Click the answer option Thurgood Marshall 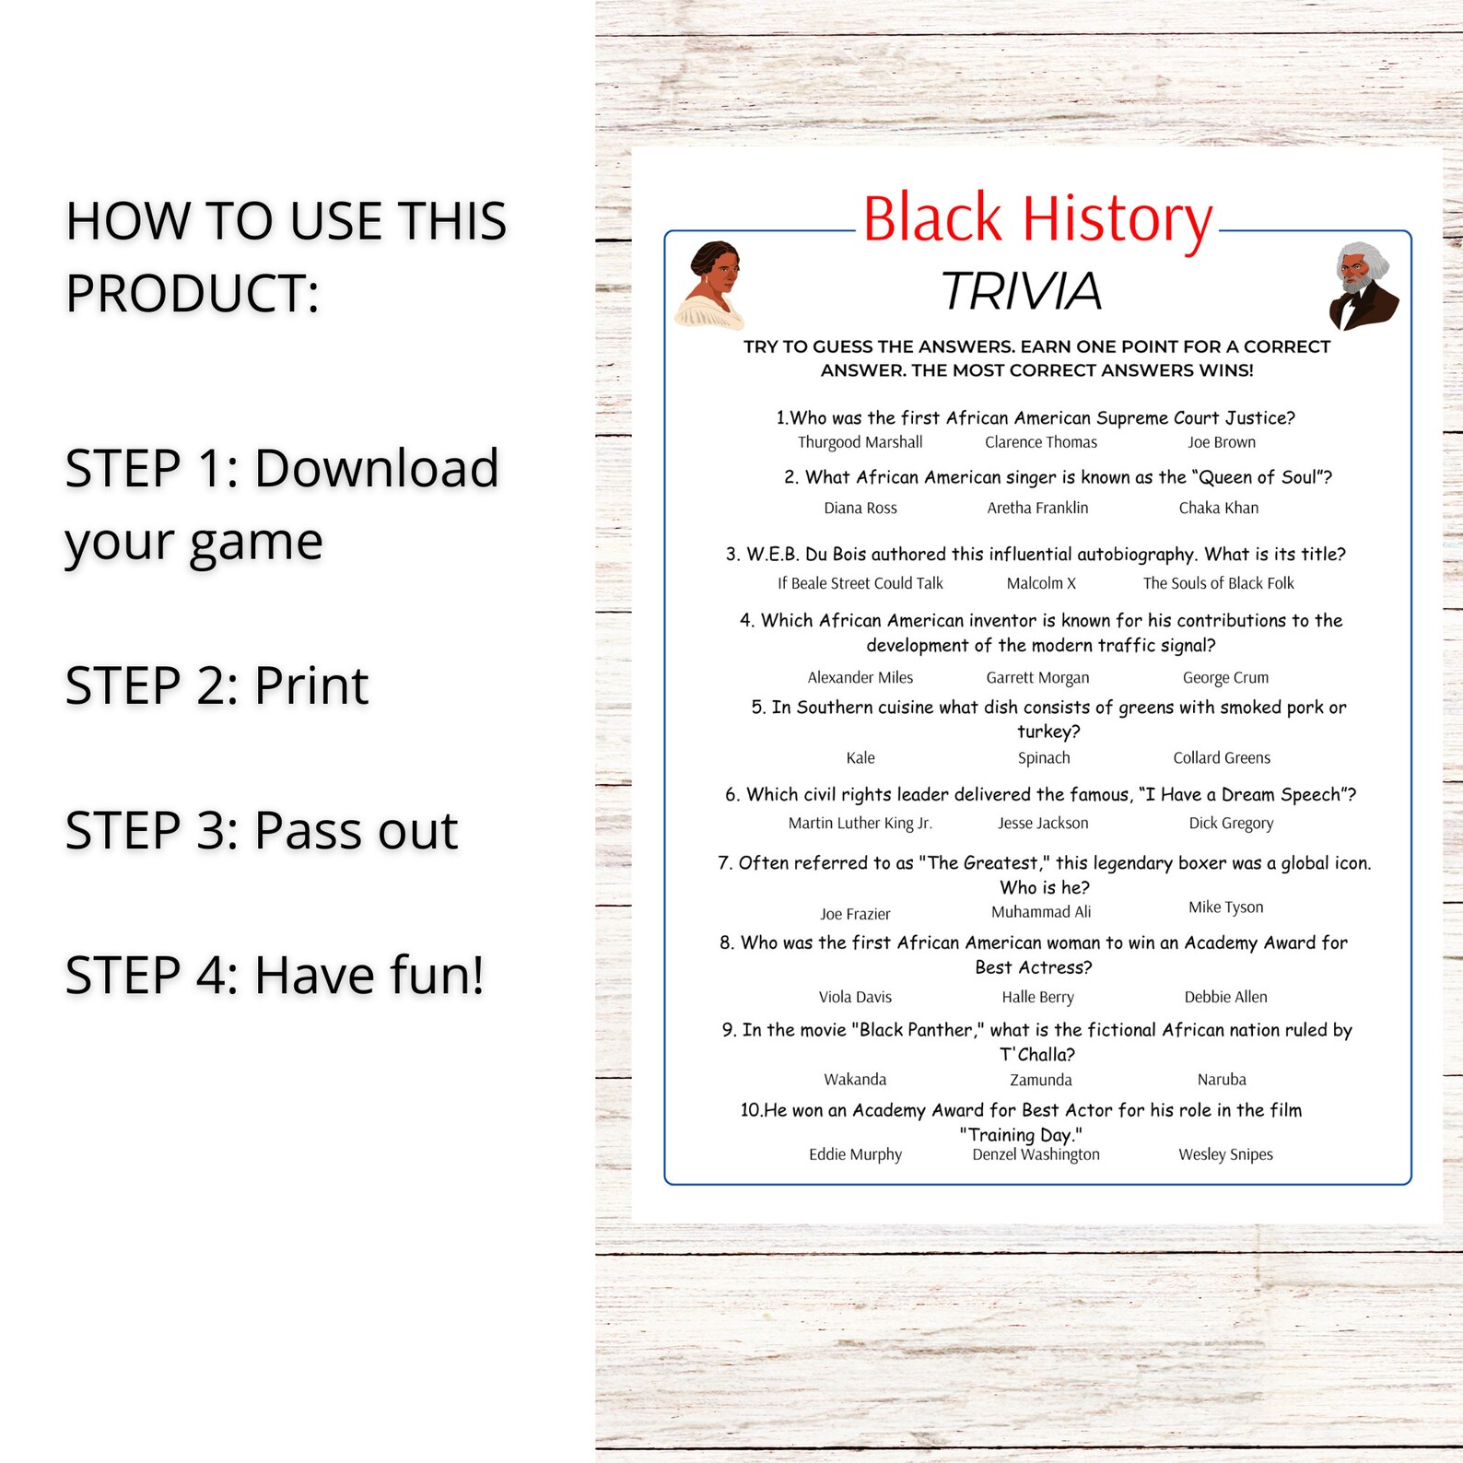point(860,442)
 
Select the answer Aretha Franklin point(1037,508)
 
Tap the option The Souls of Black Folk point(1218,583)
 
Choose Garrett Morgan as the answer point(1037,677)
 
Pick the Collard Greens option point(1221,757)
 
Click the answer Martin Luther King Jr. point(860,823)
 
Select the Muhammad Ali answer point(1040,911)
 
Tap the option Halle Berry point(1037,997)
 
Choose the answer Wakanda point(855,1079)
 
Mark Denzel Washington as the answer point(1036,1154)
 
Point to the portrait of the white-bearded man point(1363,286)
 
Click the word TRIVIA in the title point(1021,291)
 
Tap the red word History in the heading point(1118,219)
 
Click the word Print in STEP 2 point(310,685)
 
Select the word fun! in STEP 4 point(432,975)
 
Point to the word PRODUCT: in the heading point(192,293)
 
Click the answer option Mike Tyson point(1225,907)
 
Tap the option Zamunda point(1040,1080)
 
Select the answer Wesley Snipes point(1225,1154)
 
